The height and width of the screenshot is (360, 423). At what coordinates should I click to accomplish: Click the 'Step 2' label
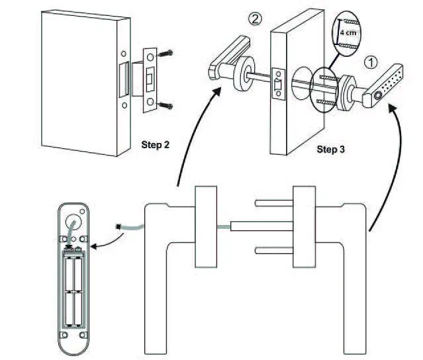click(157, 143)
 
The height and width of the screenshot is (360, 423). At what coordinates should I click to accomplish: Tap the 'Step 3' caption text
click(331, 149)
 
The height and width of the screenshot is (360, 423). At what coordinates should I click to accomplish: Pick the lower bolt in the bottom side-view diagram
click(272, 250)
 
